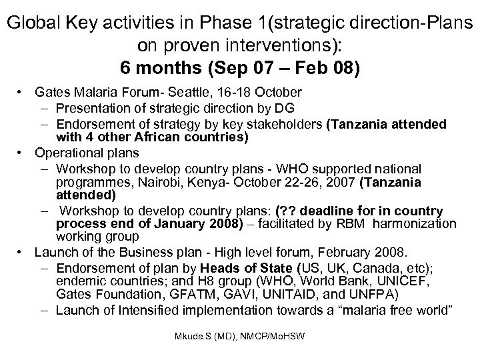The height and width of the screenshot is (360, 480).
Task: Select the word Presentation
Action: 92,108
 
